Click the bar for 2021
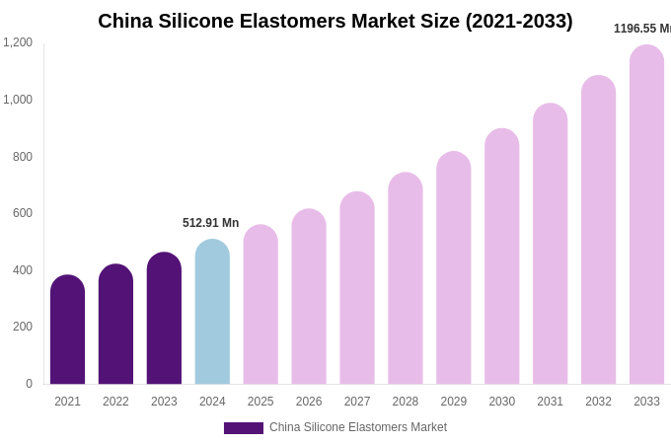coord(67,330)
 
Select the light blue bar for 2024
coord(212,312)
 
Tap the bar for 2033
coord(646,215)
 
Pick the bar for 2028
coord(405,278)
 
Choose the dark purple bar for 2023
coord(164,318)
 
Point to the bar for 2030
coord(501,257)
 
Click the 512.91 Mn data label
coord(210,223)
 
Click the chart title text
coord(335,21)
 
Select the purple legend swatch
coord(243,428)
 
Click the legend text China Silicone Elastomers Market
coord(358,427)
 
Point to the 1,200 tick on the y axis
coord(18,42)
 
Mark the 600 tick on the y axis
coord(23,213)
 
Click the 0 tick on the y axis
coord(29,384)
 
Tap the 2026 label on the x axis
coord(309,402)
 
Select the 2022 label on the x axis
coord(115,402)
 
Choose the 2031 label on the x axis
coord(550,402)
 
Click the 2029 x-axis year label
coord(453,402)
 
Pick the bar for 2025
coord(261,305)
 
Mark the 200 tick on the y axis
coord(23,327)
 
